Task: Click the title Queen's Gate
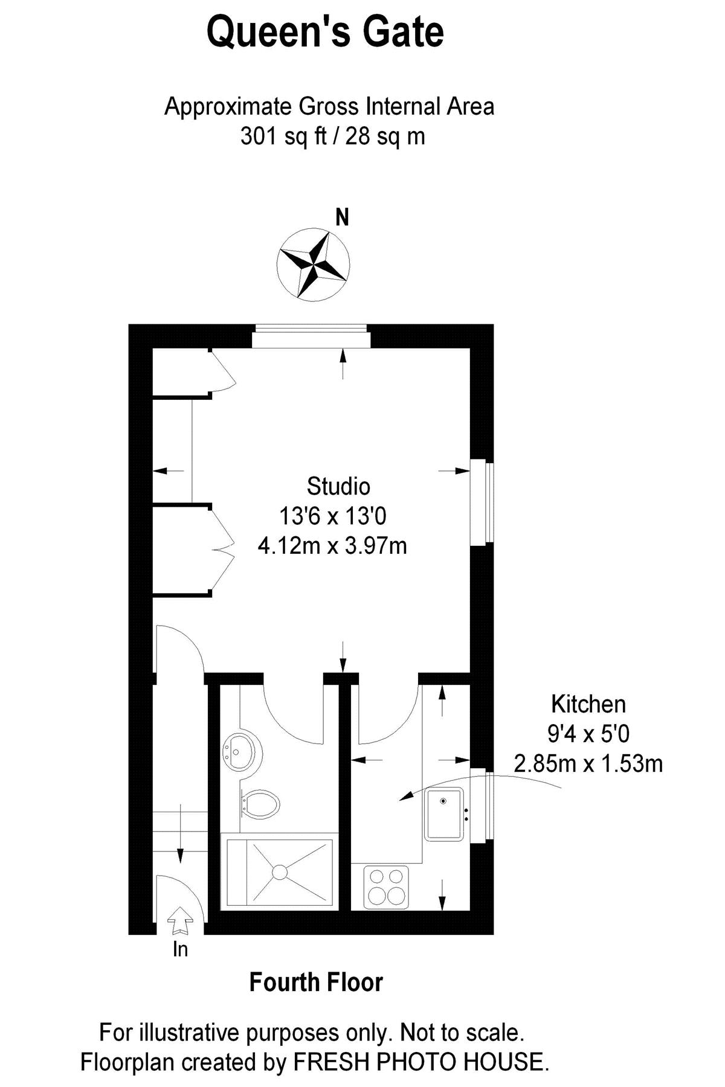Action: tap(325, 33)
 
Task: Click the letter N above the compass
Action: tap(343, 217)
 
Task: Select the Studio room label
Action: tap(338, 486)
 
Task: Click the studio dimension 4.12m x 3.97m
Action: tap(332, 546)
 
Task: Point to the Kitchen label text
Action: tap(588, 704)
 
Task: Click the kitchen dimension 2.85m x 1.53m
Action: tap(588, 764)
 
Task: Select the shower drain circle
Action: tap(280, 871)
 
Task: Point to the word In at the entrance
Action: tap(180, 950)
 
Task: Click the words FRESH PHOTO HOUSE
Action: tap(420, 1062)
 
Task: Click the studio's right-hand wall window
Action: tap(482, 503)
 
